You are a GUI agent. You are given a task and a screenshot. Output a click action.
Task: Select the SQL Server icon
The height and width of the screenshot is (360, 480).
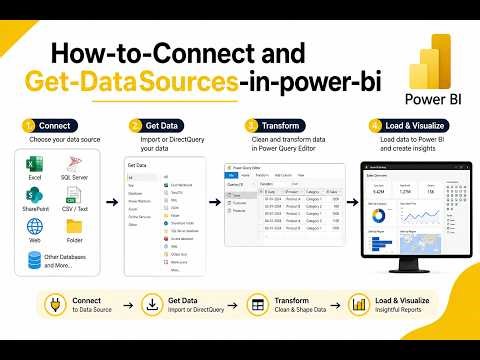pos(74,163)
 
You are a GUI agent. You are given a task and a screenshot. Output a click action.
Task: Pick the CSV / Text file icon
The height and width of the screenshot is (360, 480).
pos(74,197)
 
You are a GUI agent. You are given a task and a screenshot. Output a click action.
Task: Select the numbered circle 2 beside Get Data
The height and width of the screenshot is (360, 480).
pos(137,126)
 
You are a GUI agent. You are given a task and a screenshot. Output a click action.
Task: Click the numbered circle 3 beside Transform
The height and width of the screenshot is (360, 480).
pos(252,126)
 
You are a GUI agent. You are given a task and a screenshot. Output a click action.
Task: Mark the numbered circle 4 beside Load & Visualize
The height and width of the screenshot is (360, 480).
pos(374,126)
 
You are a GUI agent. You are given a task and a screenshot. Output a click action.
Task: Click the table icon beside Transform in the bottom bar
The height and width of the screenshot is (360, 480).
pos(257,306)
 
